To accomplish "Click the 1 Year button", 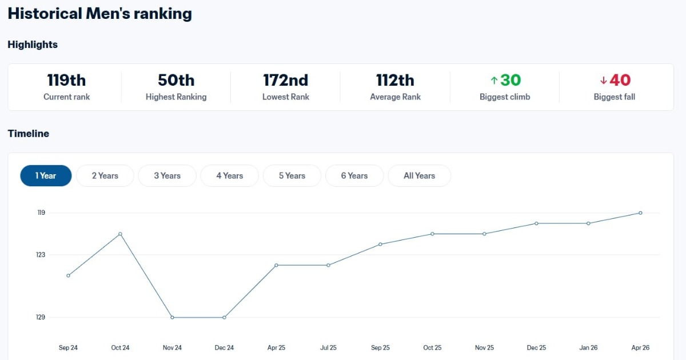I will pyautogui.click(x=46, y=176).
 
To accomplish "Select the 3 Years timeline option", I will pyautogui.click(x=167, y=176).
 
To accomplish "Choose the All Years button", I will pyautogui.click(x=419, y=176).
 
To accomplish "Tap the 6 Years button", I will pyautogui.click(x=354, y=176).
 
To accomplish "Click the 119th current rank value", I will pyautogui.click(x=66, y=80).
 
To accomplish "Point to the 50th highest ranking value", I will pyautogui.click(x=176, y=80).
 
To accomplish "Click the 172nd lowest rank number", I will pyautogui.click(x=285, y=80).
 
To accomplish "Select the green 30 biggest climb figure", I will pyautogui.click(x=510, y=80).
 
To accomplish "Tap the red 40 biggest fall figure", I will pyautogui.click(x=620, y=80).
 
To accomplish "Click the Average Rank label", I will pyautogui.click(x=395, y=97).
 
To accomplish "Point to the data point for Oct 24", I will pyautogui.click(x=120, y=234).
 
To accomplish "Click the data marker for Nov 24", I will pyautogui.click(x=172, y=317).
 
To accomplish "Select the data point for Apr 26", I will pyautogui.click(x=640, y=213).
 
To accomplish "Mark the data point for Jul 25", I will pyautogui.click(x=328, y=265).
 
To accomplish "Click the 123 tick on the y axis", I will pyautogui.click(x=41, y=254).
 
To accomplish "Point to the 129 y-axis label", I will pyautogui.click(x=41, y=317).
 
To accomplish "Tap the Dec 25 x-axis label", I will pyautogui.click(x=536, y=347).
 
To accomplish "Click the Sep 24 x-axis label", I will pyautogui.click(x=68, y=347).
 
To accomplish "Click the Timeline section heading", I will pyautogui.click(x=29, y=134).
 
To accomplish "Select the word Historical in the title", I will pyautogui.click(x=45, y=14).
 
